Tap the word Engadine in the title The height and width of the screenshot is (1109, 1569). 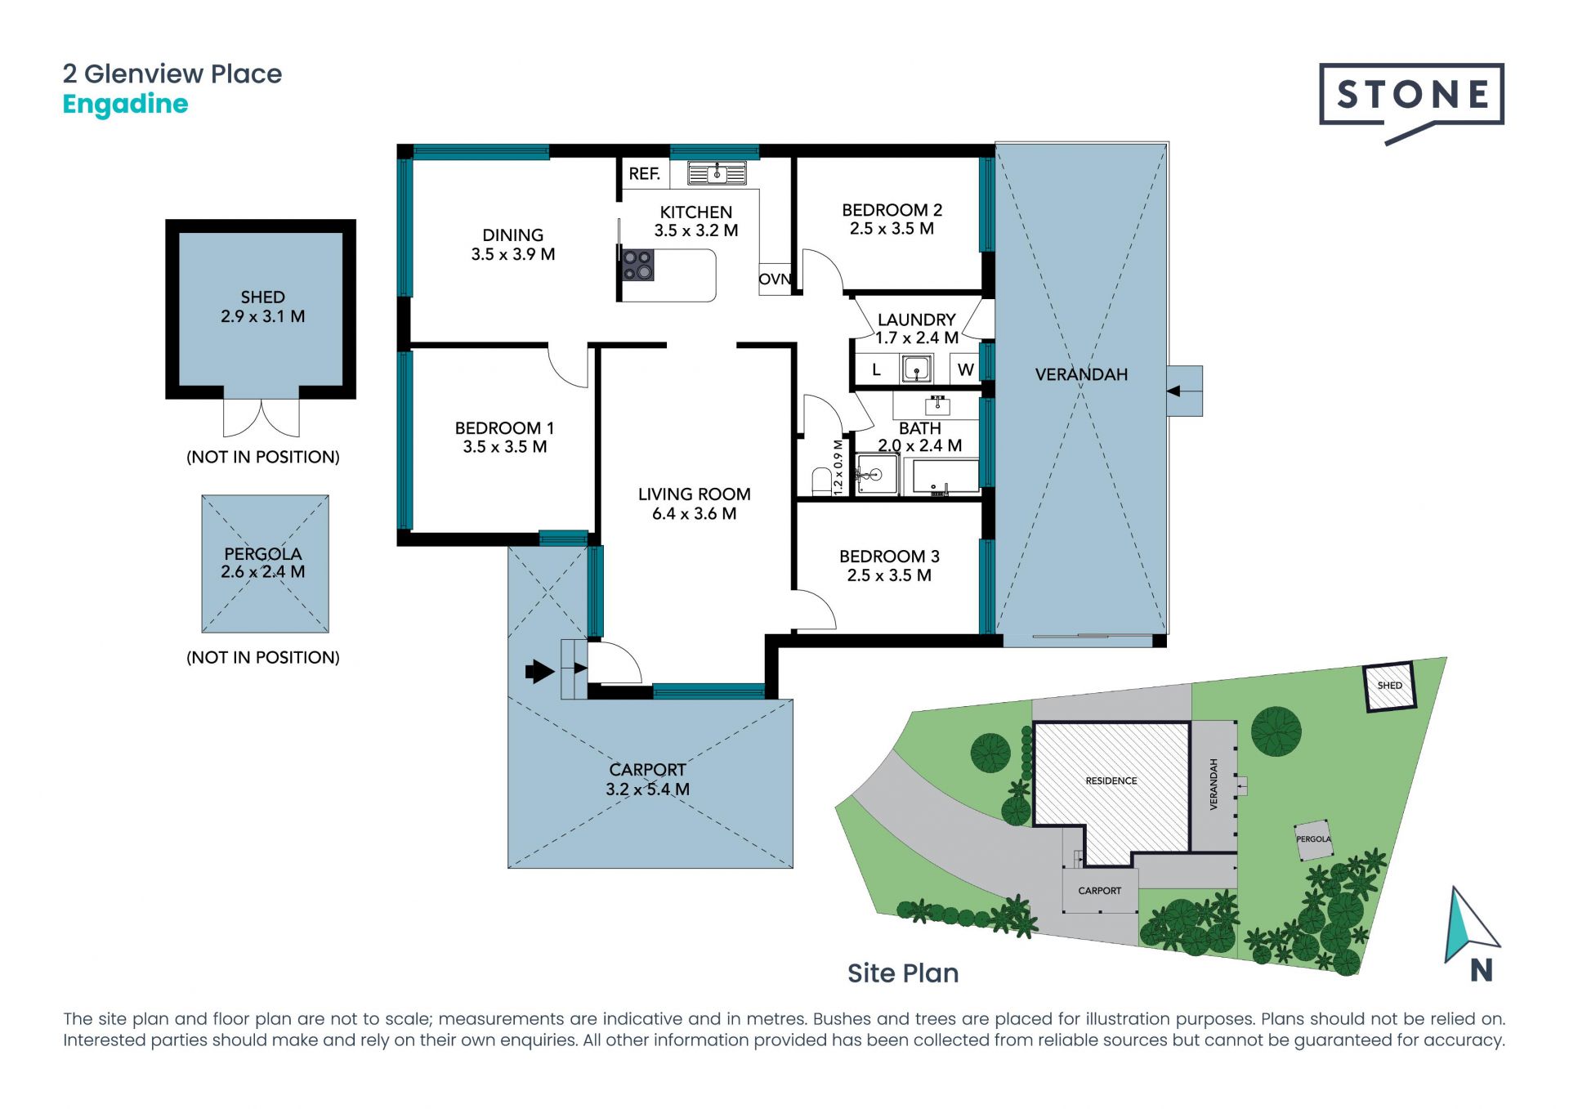125,105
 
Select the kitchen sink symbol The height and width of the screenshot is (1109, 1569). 717,173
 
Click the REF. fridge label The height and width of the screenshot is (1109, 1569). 644,173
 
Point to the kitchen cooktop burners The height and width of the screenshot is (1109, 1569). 637,265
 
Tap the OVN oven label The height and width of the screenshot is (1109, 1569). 775,279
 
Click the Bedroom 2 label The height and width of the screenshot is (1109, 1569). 892,210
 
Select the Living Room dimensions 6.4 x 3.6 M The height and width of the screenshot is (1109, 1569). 694,513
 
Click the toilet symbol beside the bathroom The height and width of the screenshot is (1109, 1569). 820,481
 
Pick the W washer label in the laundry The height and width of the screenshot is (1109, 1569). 965,369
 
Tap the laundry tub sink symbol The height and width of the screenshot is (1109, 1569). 916,369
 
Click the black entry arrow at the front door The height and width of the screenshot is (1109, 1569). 539,672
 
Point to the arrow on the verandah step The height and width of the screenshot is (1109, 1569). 1173,391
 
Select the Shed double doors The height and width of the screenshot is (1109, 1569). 261,419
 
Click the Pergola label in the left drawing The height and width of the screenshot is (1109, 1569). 262,554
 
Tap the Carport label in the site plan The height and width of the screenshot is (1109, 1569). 1099,891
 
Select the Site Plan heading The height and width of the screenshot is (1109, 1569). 903,973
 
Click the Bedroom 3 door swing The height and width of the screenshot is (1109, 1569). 816,610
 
